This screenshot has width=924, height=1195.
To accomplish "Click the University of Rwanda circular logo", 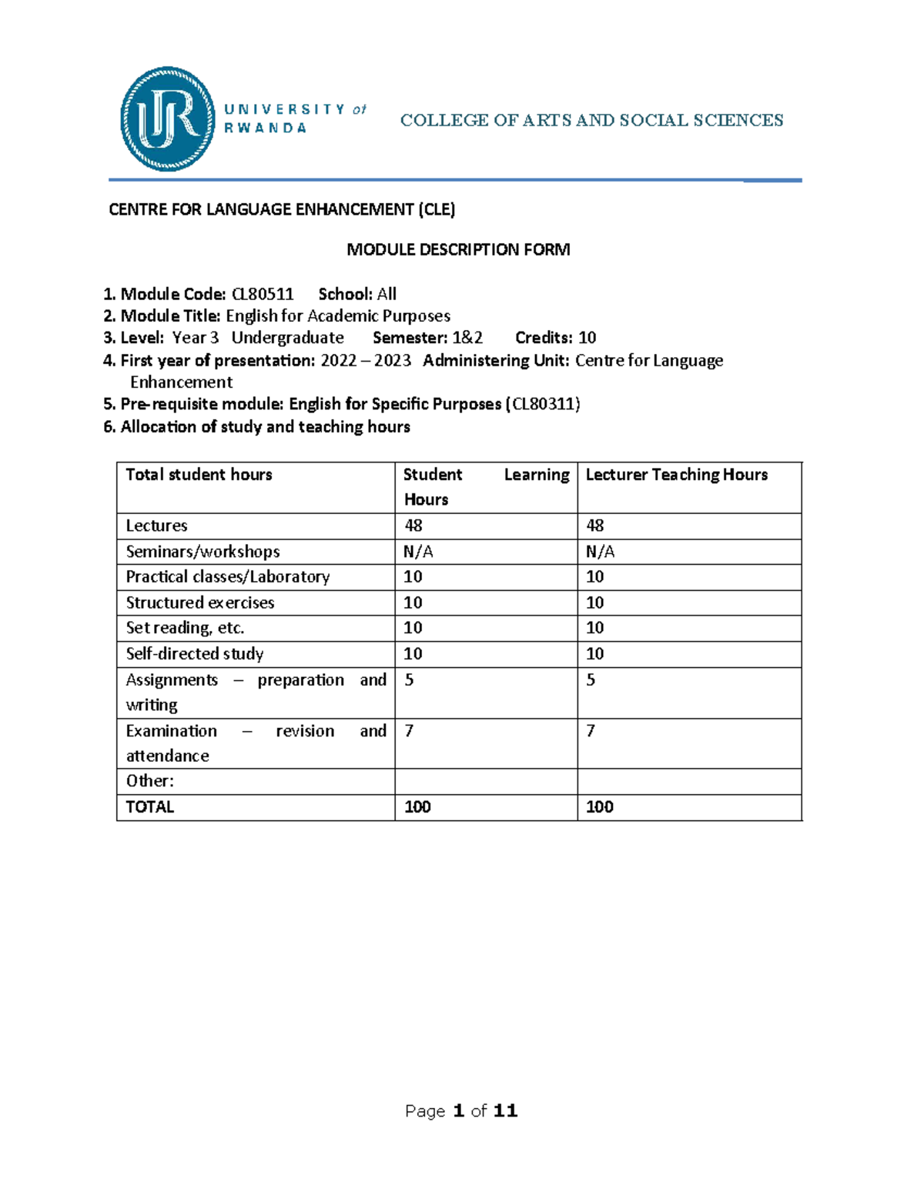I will tap(168, 118).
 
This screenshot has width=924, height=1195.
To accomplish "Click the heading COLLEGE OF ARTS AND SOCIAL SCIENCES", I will tap(591, 120).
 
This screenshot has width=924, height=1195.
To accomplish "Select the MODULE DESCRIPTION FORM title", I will tap(458, 249).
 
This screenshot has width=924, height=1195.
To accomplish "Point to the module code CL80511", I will tap(263, 294).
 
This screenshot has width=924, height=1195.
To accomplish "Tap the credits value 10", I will tap(587, 338).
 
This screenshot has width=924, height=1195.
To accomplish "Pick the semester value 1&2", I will tap(467, 338).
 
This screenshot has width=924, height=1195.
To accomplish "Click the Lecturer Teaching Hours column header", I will tap(676, 475).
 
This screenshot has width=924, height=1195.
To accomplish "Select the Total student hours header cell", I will tap(199, 475).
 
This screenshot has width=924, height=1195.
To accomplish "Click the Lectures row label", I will tap(157, 526).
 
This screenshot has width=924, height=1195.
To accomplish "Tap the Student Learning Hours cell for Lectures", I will tap(413, 526).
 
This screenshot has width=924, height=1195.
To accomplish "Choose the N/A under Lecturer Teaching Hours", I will tap(600, 552).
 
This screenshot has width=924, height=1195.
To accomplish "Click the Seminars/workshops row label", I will tap(203, 552).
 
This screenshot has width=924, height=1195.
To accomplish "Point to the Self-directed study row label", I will tap(195, 654).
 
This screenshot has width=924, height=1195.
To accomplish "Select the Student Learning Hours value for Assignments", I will tap(409, 680).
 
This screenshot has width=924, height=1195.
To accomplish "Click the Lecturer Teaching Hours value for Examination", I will tap(591, 731).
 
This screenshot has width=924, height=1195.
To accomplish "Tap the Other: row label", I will tap(150, 781).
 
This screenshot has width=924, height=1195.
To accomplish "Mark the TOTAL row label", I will tap(150, 807).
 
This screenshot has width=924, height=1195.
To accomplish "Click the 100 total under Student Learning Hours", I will tap(417, 807).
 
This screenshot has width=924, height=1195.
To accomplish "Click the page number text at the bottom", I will tap(461, 1110).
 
